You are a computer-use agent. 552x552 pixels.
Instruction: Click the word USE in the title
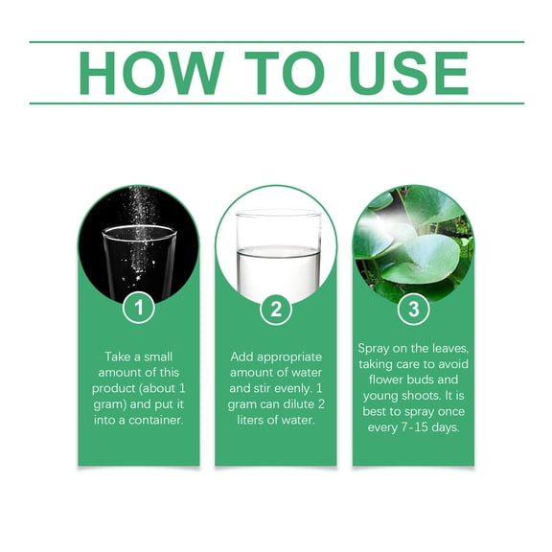coord(408,73)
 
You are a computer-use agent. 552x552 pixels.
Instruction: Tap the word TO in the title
coord(285,73)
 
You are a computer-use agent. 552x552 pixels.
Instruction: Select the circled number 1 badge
coord(139,308)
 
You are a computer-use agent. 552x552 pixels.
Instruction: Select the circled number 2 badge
coord(276,310)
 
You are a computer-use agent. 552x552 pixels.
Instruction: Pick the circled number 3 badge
coord(414,310)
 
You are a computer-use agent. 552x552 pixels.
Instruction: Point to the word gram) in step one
coord(110,404)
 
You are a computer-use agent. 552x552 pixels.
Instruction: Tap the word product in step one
coord(114,389)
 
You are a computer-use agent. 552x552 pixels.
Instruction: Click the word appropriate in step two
coord(289,357)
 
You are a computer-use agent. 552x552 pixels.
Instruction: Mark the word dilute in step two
coord(299,404)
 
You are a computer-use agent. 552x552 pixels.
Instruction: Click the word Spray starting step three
coord(373,349)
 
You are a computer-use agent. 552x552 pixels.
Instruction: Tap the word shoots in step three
coord(424,396)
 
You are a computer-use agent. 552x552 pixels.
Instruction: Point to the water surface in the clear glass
coord(278,251)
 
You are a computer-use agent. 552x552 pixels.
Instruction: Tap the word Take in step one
coord(118,356)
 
